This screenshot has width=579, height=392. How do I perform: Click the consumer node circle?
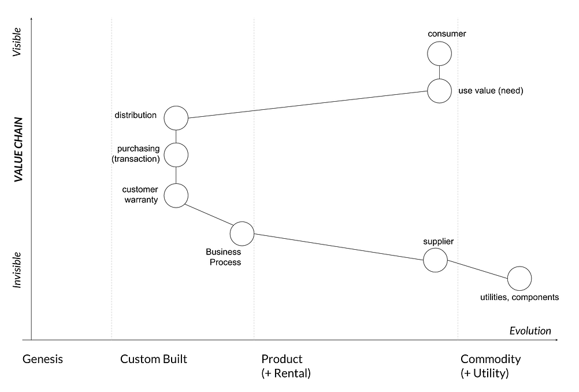[439, 54]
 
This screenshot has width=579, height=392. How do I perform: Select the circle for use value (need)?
[439, 91]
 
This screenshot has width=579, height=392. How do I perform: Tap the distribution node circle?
[176, 118]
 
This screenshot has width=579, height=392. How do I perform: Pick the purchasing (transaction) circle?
[176, 155]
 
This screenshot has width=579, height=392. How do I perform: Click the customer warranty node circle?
[176, 195]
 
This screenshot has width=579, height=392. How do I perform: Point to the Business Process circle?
[242, 234]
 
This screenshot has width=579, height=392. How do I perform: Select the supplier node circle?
[436, 260]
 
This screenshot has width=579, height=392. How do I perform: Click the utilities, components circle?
[519, 278]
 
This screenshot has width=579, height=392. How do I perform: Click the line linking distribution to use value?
[307, 105]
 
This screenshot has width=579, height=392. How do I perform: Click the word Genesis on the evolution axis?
[43, 359]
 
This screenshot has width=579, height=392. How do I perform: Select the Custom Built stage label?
[154, 359]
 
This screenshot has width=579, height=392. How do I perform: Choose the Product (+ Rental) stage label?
[285, 366]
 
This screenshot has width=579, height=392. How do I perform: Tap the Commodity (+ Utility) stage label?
[490, 366]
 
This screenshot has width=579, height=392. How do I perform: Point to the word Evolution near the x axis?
[530, 331]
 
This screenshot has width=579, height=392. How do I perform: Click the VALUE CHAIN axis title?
[18, 150]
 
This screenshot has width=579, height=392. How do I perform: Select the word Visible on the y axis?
[17, 42]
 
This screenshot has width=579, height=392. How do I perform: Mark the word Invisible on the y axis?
[18, 269]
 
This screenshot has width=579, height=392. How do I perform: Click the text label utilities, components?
[519, 298]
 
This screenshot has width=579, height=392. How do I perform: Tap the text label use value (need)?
[490, 91]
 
